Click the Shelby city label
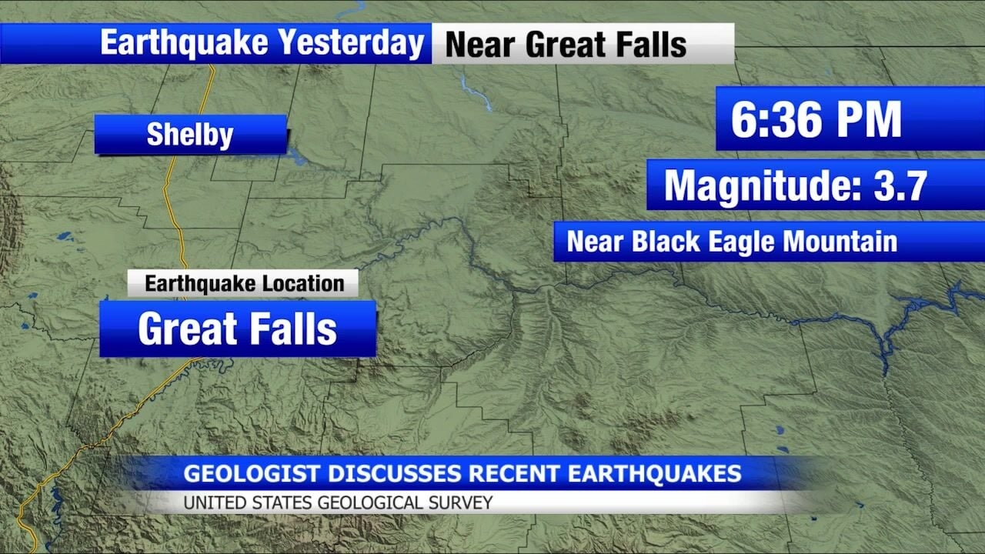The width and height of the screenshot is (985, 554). tap(190, 135)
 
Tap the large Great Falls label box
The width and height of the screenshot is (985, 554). tap(237, 329)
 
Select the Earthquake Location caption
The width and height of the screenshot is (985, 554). tap(243, 283)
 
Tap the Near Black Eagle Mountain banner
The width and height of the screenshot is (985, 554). tap(732, 242)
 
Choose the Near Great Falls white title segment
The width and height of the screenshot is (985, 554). tap(566, 44)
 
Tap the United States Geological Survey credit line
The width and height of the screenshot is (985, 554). tap(338, 503)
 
